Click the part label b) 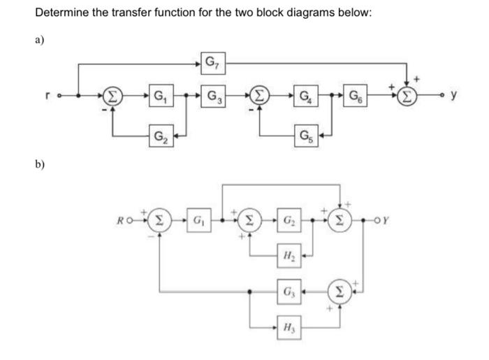41,166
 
